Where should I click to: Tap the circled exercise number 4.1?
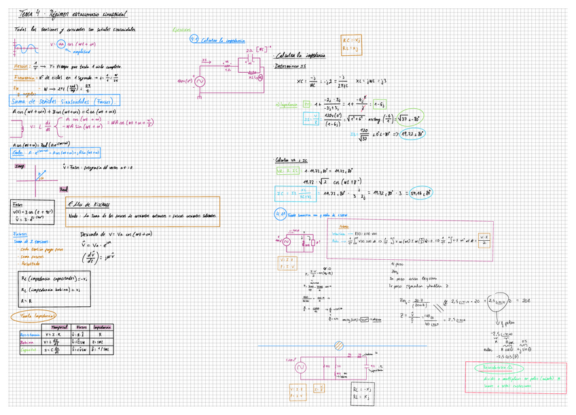tap(194, 39)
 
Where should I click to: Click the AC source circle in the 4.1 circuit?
tap(200, 82)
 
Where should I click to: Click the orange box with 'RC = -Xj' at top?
tap(351, 44)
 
